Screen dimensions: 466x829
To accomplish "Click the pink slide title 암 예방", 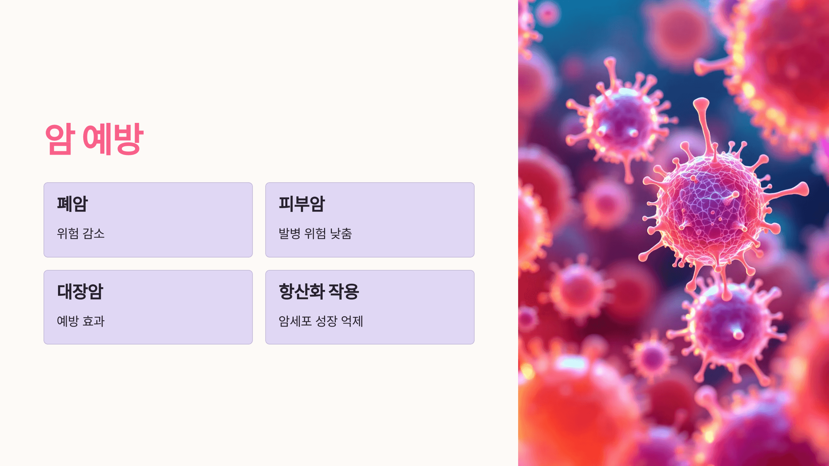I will pos(94,139).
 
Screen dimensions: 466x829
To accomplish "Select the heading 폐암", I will pos(73,204).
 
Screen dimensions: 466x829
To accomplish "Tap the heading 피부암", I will pos(302,204).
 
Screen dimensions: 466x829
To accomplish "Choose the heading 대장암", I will pos(80,291).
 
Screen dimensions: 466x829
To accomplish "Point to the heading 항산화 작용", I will pos(319,291).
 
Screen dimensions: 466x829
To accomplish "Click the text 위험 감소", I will pos(80,234).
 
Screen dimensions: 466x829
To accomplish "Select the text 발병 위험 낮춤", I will pos(315,234).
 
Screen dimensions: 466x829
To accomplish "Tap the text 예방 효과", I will pos(80,321).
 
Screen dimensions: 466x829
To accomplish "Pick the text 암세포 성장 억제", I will pos(321,321).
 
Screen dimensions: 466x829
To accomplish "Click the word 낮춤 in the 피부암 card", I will pos(341,234).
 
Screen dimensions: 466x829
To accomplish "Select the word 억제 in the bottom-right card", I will pos(352,321).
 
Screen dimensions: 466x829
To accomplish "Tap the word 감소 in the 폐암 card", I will pos(94,234).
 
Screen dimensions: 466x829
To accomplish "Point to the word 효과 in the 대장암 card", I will pos(94,321).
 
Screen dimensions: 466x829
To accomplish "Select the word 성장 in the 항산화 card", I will pos(326,321).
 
